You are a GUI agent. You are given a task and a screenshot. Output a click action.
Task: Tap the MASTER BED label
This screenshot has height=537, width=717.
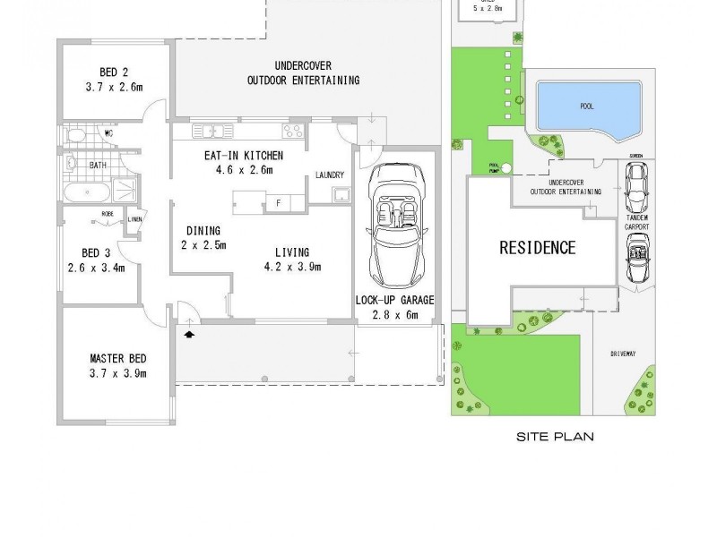coord(117,357)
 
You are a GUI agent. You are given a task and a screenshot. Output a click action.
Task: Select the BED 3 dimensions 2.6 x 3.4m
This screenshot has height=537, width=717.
coord(96,267)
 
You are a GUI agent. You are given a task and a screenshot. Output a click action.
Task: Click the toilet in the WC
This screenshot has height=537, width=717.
coord(75,136)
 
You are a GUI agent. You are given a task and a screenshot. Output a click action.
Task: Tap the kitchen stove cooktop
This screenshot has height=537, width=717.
coord(292,132)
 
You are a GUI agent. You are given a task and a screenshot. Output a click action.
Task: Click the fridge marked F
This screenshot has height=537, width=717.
coord(279,202)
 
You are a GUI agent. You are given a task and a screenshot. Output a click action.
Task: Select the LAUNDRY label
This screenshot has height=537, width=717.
coord(331,175)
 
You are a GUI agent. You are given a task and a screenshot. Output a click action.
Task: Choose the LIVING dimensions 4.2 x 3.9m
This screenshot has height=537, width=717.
coord(292,267)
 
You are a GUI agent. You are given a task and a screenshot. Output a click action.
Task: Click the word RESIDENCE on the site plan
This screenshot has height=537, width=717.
coord(537,248)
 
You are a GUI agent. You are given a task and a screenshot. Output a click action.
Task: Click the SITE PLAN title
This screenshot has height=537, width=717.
coord(557,438)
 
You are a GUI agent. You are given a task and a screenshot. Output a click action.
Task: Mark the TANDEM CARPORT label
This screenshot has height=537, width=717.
coord(637,222)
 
